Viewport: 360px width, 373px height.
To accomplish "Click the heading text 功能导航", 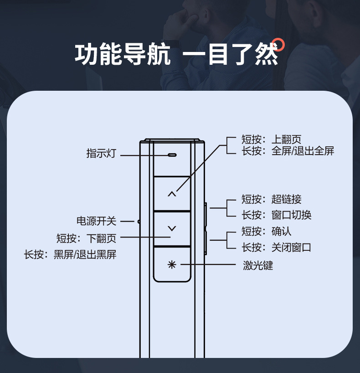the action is coord(122,55).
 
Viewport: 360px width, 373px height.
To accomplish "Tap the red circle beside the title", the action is coord(279,44).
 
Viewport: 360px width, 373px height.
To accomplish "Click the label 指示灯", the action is coord(101,154).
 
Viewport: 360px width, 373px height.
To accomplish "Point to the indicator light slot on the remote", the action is coord(172,155).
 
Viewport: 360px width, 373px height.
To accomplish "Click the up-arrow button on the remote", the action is coord(171,194).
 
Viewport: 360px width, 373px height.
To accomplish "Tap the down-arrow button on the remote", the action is coord(171,228).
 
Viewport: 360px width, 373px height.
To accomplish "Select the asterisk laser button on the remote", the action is coord(171,264).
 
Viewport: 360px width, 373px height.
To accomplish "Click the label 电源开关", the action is coord(96,222).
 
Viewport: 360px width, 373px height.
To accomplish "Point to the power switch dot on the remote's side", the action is coord(139,222).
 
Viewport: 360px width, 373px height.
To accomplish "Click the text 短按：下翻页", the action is coord(86,238).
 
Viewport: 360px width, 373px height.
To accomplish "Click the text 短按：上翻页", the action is coord(271,140).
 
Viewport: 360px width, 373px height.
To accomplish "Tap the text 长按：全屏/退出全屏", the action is coord(288,151).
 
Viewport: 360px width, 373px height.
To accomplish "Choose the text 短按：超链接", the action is coord(271,199).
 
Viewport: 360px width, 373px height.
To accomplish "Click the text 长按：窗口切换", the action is coord(276,215).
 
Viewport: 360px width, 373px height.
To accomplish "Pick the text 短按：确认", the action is coord(266,232).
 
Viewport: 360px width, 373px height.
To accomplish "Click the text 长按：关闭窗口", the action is coord(276,248).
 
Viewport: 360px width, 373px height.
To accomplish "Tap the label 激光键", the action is coord(257,265).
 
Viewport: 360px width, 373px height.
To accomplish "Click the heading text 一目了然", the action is coord(230,55).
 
